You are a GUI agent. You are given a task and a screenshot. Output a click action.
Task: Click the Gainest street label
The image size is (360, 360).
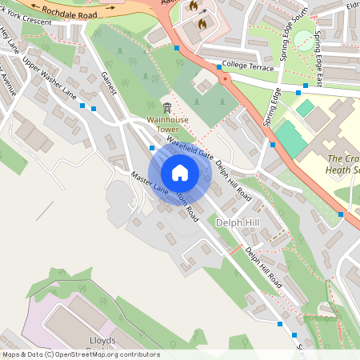pyautogui.click(x=110, y=83)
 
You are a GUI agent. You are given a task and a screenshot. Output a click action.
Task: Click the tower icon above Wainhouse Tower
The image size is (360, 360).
pyautogui.click(x=166, y=107)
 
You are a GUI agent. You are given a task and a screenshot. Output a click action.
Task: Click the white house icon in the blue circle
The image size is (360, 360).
pyautogui.click(x=180, y=173)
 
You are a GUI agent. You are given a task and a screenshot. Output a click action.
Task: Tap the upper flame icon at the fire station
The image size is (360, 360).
pyautogui.click(x=193, y=6)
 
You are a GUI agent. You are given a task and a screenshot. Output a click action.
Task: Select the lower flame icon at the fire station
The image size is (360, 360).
pyautogui.click(x=201, y=24)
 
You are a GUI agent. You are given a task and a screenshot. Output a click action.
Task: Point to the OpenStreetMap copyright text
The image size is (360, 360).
pyautogui.click(x=81, y=354)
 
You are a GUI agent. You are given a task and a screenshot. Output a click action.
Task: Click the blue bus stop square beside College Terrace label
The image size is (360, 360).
pyautogui.click(x=218, y=68)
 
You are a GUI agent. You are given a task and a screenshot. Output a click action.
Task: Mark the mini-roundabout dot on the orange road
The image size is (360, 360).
pyautogui.click(x=225, y=79)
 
